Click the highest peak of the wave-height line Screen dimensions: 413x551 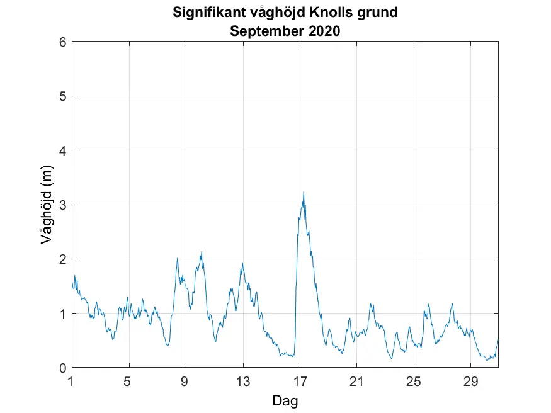click(x=304, y=193)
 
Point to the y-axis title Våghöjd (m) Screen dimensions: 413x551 click(x=46, y=204)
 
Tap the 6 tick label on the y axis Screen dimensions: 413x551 click(x=62, y=42)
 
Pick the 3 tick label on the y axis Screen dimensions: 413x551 click(x=62, y=205)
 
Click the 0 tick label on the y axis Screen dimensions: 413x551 click(x=62, y=368)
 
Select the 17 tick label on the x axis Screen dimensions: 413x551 click(x=300, y=381)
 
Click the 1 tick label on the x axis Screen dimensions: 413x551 click(x=72, y=381)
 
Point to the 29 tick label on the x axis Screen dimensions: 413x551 click(x=470, y=381)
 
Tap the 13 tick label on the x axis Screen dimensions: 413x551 click(x=242, y=381)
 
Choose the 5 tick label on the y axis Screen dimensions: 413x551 click(x=62, y=96)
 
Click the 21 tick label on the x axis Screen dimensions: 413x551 click(x=356, y=381)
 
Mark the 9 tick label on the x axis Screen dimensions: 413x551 click(x=186, y=381)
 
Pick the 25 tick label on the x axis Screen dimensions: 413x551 click(x=414, y=381)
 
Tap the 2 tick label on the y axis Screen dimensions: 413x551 click(x=62, y=259)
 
